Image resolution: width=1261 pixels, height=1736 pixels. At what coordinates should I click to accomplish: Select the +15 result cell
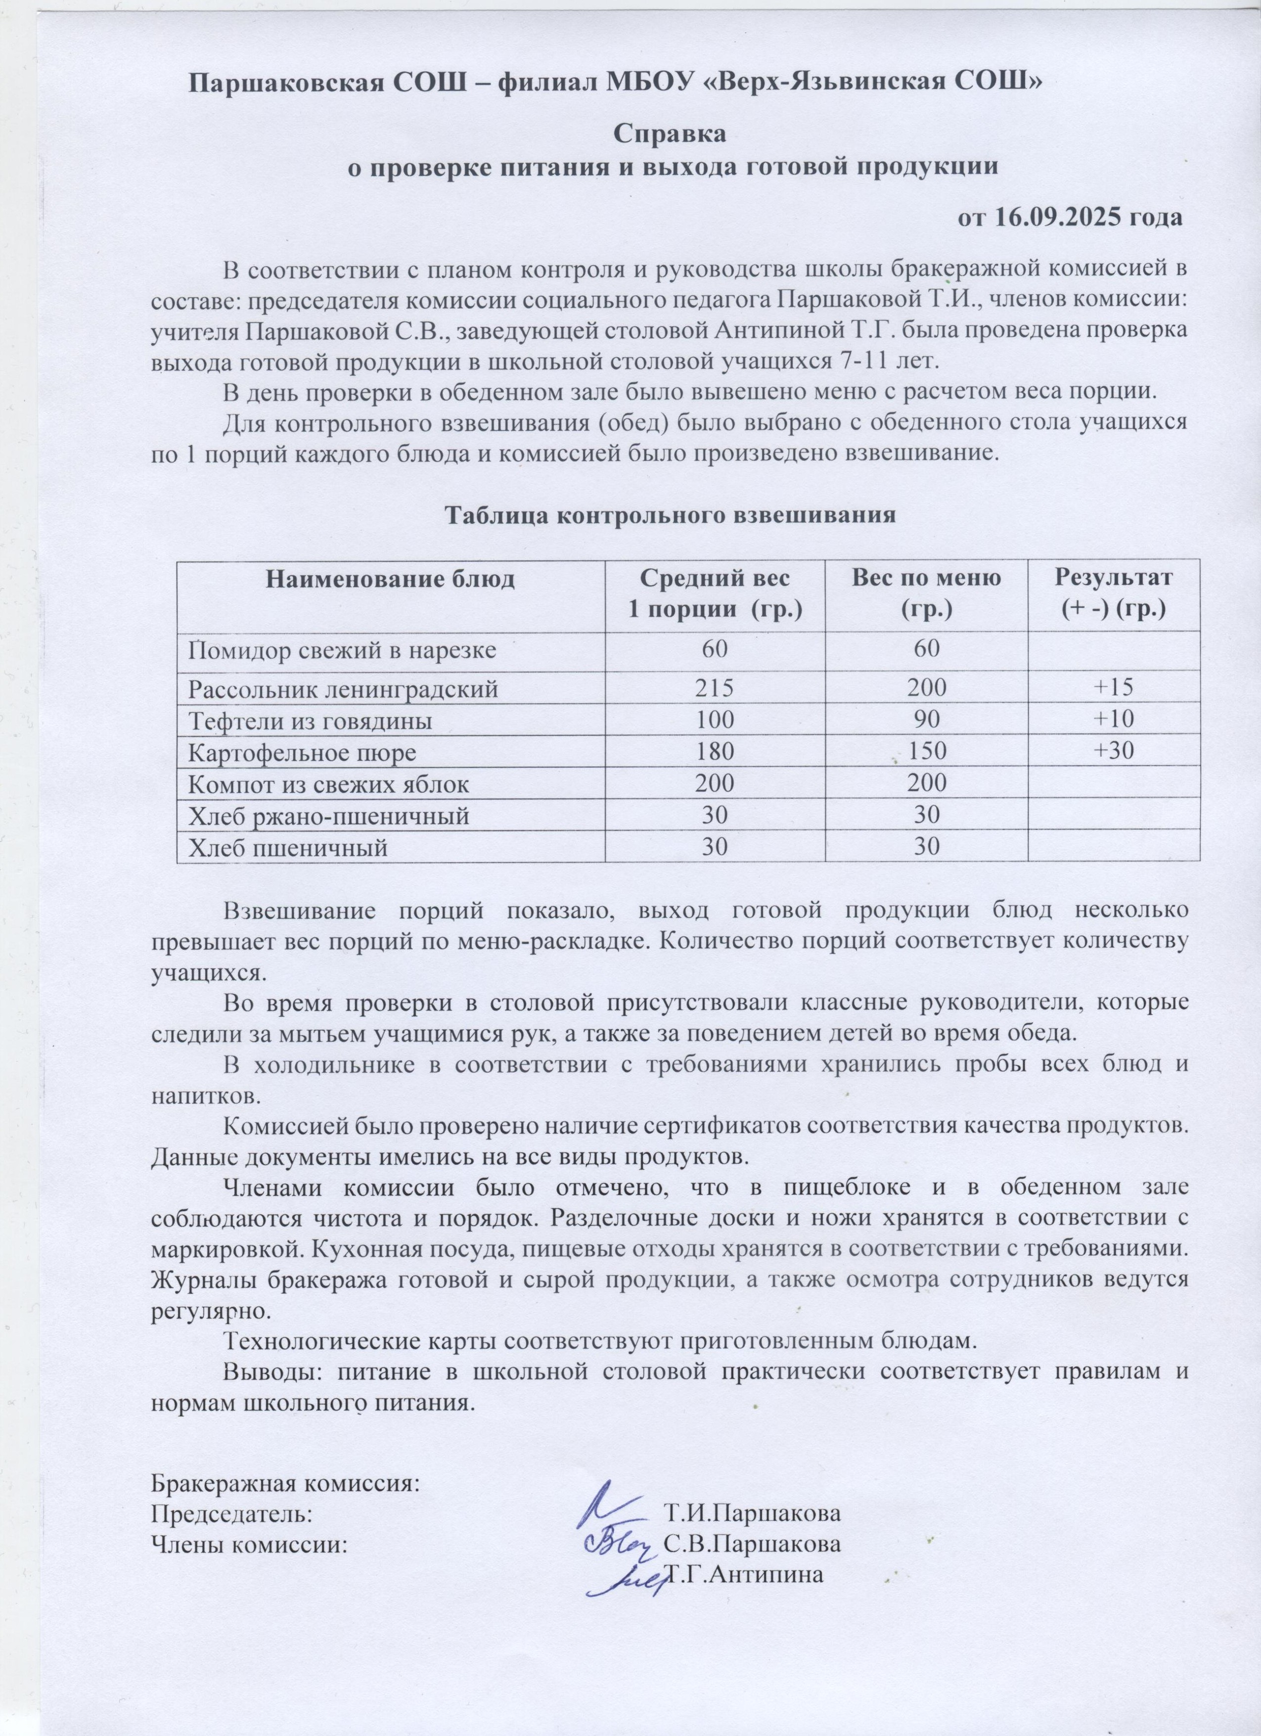pos(1113,688)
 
